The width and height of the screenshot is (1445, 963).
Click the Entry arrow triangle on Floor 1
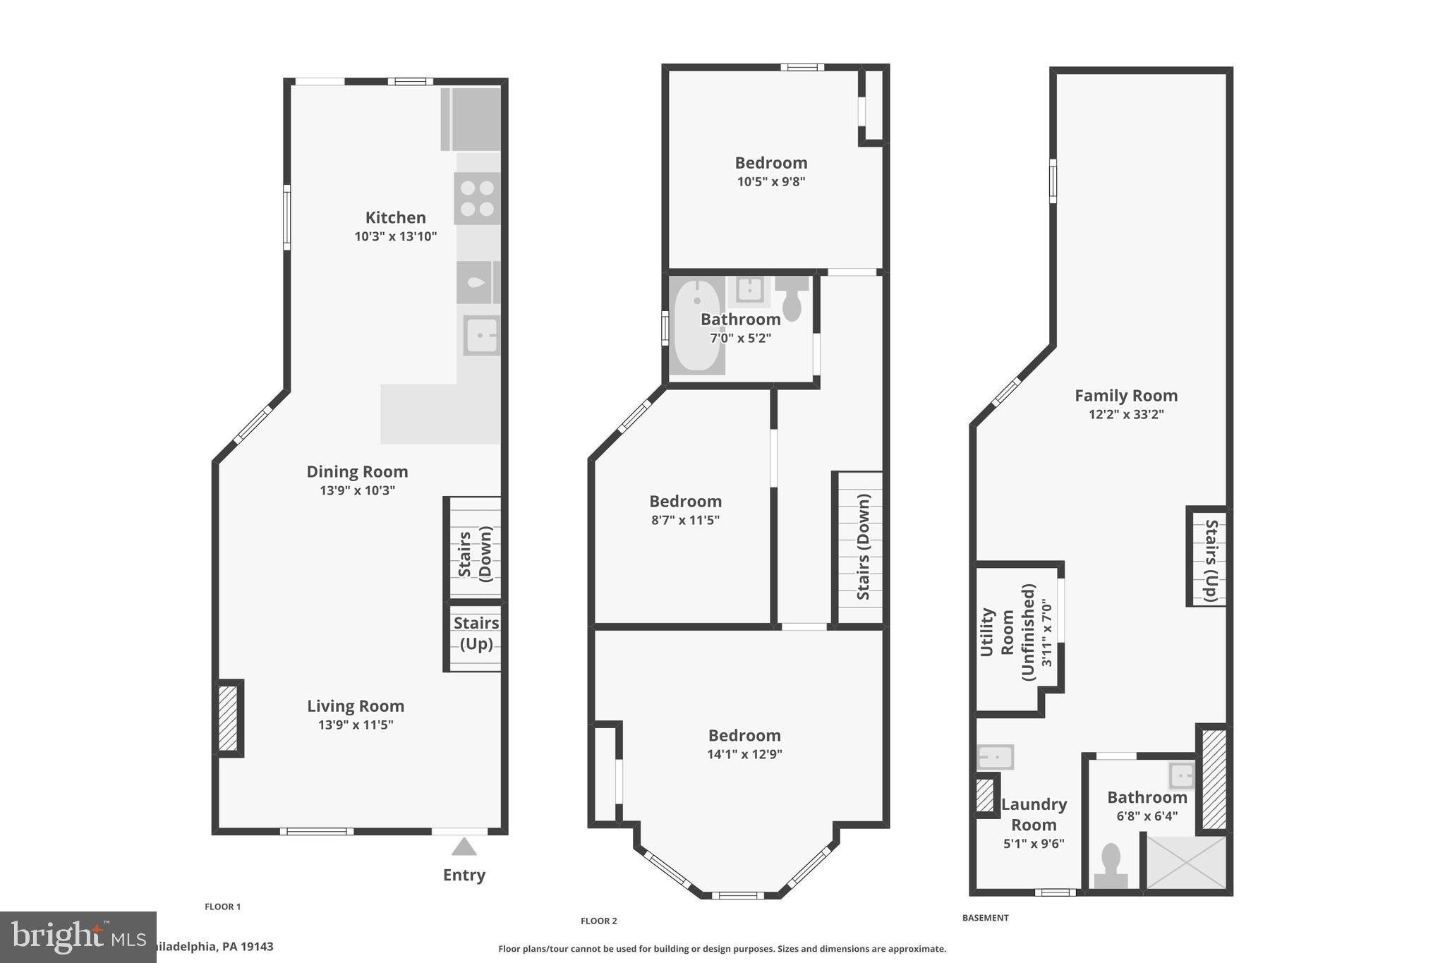point(464,847)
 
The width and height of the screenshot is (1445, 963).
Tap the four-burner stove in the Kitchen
point(477,198)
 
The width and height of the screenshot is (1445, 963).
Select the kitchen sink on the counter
point(481,335)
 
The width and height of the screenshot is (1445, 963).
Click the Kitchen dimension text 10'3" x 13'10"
point(395,236)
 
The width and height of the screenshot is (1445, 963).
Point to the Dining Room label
point(357,471)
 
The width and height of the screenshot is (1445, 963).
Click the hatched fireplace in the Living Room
point(228,718)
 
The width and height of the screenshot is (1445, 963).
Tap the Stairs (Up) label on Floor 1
point(476,633)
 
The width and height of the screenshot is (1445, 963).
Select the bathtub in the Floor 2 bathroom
point(696,326)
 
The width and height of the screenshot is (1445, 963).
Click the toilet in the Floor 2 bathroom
point(792,300)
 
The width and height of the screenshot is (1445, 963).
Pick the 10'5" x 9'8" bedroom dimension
point(770,181)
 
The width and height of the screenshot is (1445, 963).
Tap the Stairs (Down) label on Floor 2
point(864,547)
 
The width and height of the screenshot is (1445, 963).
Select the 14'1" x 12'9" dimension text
point(744,754)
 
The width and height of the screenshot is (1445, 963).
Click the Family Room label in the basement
point(1125,396)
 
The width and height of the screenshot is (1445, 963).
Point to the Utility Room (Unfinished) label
point(1016,631)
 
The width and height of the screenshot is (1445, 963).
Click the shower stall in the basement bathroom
point(1185,862)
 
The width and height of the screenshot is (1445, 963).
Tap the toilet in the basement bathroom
point(1111,866)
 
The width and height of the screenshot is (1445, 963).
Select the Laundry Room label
point(1034,814)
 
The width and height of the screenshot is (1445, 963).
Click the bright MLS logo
point(78,937)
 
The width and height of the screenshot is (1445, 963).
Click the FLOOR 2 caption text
point(598,921)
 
